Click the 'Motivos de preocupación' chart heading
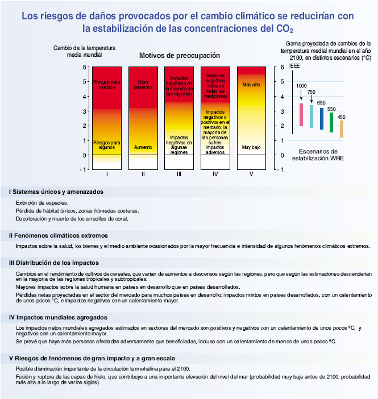click(179, 56)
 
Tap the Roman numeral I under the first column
click(107, 174)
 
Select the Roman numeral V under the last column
click(251, 174)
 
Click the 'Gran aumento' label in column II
click(143, 85)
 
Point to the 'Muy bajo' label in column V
click(251, 147)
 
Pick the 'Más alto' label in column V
click(251, 85)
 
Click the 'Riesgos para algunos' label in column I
click(107, 144)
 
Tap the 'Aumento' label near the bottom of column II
click(143, 147)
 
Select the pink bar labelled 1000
click(301, 114)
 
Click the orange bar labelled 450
click(341, 129)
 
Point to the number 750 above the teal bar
click(311, 92)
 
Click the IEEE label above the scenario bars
click(295, 66)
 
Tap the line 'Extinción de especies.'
click(42, 203)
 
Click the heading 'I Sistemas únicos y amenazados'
click(56, 192)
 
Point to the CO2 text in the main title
click(285, 28)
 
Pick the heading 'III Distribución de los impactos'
click(54, 263)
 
